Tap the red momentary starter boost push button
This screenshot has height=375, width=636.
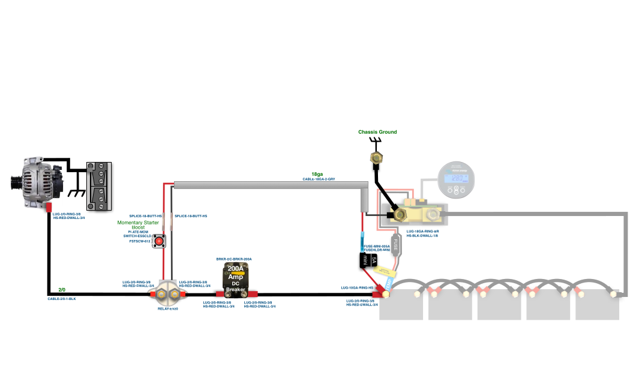click(160, 242)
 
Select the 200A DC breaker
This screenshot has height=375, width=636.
click(235, 280)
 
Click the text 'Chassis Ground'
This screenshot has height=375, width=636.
click(377, 132)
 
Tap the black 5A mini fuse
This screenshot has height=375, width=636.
click(368, 260)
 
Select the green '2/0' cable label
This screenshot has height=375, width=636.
click(62, 290)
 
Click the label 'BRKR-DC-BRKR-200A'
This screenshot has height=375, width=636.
click(234, 259)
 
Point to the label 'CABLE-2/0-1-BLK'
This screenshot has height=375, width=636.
click(62, 298)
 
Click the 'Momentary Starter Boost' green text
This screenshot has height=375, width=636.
click(138, 225)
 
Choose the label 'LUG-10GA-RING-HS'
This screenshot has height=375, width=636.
click(357, 288)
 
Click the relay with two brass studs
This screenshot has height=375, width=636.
click(168, 295)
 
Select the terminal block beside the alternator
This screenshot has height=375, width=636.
click(100, 186)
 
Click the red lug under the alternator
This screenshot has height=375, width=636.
click(50, 208)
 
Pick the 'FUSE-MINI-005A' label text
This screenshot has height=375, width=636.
click(377, 246)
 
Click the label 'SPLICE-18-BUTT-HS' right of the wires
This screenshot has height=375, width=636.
click(190, 216)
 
